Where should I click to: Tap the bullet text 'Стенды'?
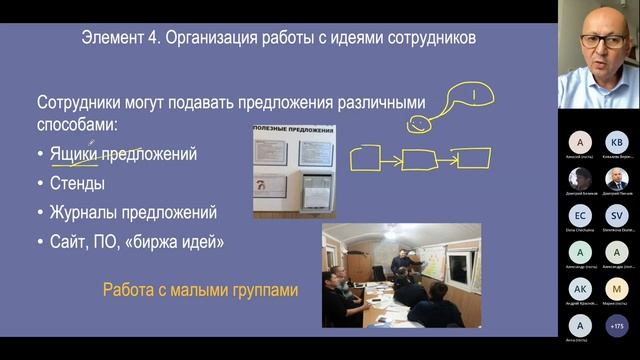click(x=77, y=184)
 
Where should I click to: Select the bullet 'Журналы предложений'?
click(x=133, y=213)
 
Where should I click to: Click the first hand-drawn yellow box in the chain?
click(x=365, y=158)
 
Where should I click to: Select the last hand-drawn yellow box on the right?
click(x=468, y=158)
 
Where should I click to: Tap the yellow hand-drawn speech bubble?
click(x=468, y=97)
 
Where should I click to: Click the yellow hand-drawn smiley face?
click(x=418, y=125)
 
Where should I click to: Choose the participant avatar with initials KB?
click(x=616, y=141)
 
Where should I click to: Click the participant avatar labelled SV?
click(x=616, y=215)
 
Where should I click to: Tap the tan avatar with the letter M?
click(x=616, y=288)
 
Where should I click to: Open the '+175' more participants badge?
click(x=616, y=325)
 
